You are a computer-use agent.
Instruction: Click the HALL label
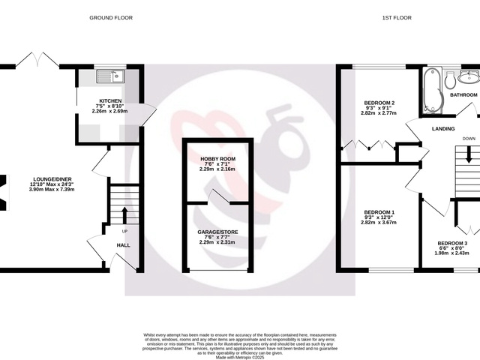tap(123, 244)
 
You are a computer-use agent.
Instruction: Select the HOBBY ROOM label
tap(217, 159)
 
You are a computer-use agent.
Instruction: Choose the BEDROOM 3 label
tap(452, 243)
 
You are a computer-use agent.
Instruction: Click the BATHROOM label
tap(463, 95)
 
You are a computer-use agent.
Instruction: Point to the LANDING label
tap(443, 129)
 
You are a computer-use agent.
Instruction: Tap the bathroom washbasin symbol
tap(469, 76)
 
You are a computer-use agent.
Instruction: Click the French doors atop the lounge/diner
tap(36, 58)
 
